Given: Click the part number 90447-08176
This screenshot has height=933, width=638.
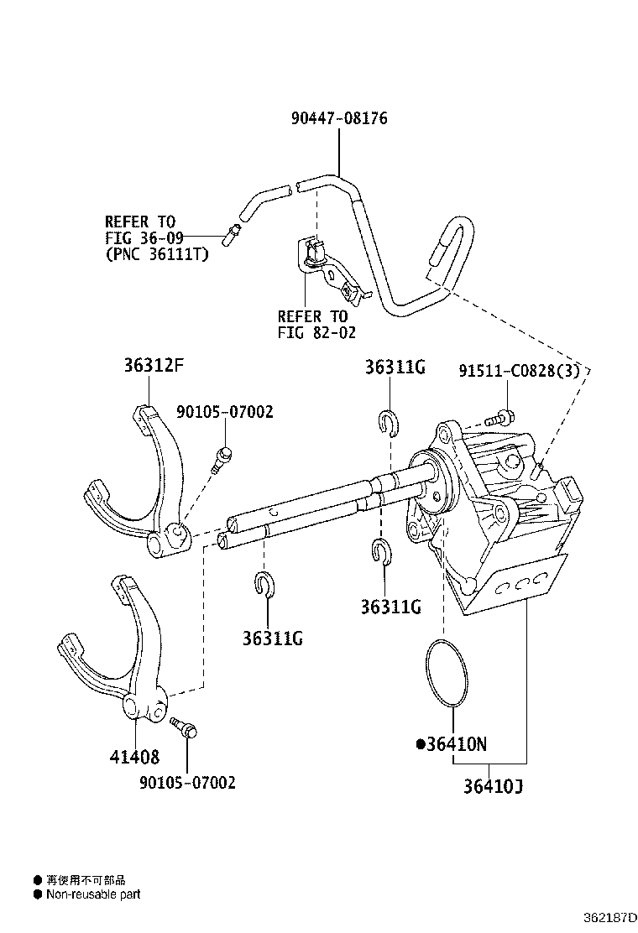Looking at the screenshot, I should pyautogui.click(x=339, y=118).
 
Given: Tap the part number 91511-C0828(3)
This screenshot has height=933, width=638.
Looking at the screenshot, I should pyautogui.click(x=519, y=370).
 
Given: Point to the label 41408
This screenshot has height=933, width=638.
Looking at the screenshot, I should pyautogui.click(x=133, y=756).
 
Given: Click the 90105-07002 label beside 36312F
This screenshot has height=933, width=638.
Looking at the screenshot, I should pyautogui.click(x=225, y=412).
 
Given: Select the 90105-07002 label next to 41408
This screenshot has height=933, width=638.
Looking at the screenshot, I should pyautogui.click(x=187, y=782).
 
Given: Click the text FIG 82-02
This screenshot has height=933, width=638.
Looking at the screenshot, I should pyautogui.click(x=316, y=332).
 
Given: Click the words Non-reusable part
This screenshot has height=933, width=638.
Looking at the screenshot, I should pyautogui.click(x=93, y=894).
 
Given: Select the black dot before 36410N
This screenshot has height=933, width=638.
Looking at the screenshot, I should pyautogui.click(x=421, y=743).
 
